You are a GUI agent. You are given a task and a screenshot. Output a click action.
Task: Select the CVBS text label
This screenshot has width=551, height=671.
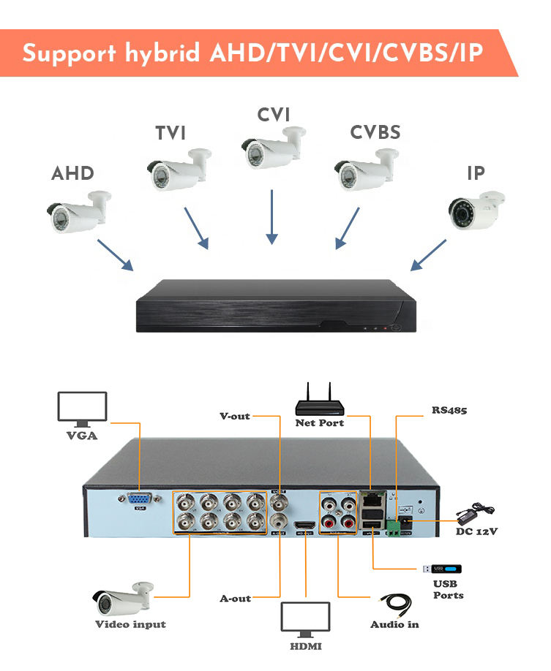pyautogui.click(x=375, y=133)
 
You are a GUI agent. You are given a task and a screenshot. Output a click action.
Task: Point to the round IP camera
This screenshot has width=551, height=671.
pyautogui.click(x=476, y=211)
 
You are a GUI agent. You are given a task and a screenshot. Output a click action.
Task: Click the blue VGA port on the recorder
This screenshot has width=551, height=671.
pyautogui.click(x=140, y=499)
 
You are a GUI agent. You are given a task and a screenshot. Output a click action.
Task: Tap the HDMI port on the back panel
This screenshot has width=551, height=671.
pyautogui.click(x=305, y=527)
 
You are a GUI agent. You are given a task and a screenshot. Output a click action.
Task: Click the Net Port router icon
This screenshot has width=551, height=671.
pyautogui.click(x=320, y=401)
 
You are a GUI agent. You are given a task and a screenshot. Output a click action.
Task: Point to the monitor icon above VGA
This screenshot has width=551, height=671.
pyautogui.click(x=83, y=409)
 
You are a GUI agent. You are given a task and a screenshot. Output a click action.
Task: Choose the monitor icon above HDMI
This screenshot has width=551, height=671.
pyautogui.click(x=306, y=622)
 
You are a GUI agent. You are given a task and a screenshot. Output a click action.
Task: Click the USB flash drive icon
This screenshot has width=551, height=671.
pyautogui.click(x=444, y=569)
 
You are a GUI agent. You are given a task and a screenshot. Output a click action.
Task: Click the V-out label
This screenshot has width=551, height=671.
pyautogui.click(x=235, y=416)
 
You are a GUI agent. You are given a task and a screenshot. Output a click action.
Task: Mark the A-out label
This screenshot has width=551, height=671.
pyautogui.click(x=235, y=599)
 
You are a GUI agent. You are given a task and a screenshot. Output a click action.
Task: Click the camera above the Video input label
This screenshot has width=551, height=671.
pyautogui.click(x=123, y=598)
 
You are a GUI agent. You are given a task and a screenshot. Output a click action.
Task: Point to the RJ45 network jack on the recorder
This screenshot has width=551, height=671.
pyautogui.click(x=372, y=500)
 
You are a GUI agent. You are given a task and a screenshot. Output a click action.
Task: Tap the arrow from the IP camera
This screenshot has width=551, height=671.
pyautogui.click(x=429, y=253)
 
